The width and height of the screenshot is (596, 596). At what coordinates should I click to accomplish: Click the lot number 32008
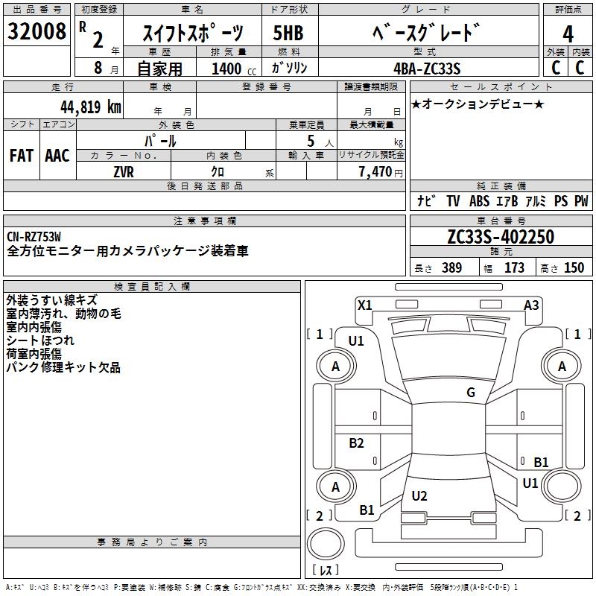(36, 32)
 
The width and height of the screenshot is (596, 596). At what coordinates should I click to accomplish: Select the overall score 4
(568, 34)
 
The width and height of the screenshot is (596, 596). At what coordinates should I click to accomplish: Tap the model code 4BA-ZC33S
(427, 69)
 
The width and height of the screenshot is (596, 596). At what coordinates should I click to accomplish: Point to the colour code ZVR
(124, 171)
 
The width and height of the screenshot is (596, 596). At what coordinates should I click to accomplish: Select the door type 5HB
(288, 33)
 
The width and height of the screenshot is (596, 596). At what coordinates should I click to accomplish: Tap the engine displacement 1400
(226, 69)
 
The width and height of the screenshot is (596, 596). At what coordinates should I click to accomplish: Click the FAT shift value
(21, 156)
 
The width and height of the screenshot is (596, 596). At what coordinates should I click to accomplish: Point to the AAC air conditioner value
(57, 156)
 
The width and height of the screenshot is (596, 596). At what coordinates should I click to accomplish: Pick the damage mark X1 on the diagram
(364, 305)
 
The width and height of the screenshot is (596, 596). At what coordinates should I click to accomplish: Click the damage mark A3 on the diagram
(531, 305)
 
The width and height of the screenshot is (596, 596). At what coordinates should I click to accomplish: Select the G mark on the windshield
(470, 393)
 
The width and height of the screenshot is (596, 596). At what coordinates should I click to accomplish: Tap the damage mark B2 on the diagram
(357, 443)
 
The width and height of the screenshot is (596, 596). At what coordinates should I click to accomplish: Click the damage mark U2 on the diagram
(419, 495)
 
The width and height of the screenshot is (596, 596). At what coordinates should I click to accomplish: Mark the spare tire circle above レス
(326, 546)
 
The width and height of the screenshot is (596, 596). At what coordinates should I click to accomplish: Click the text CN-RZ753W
(34, 238)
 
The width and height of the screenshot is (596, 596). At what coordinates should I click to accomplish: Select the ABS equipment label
(481, 201)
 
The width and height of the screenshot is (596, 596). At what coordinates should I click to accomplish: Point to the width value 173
(514, 268)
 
